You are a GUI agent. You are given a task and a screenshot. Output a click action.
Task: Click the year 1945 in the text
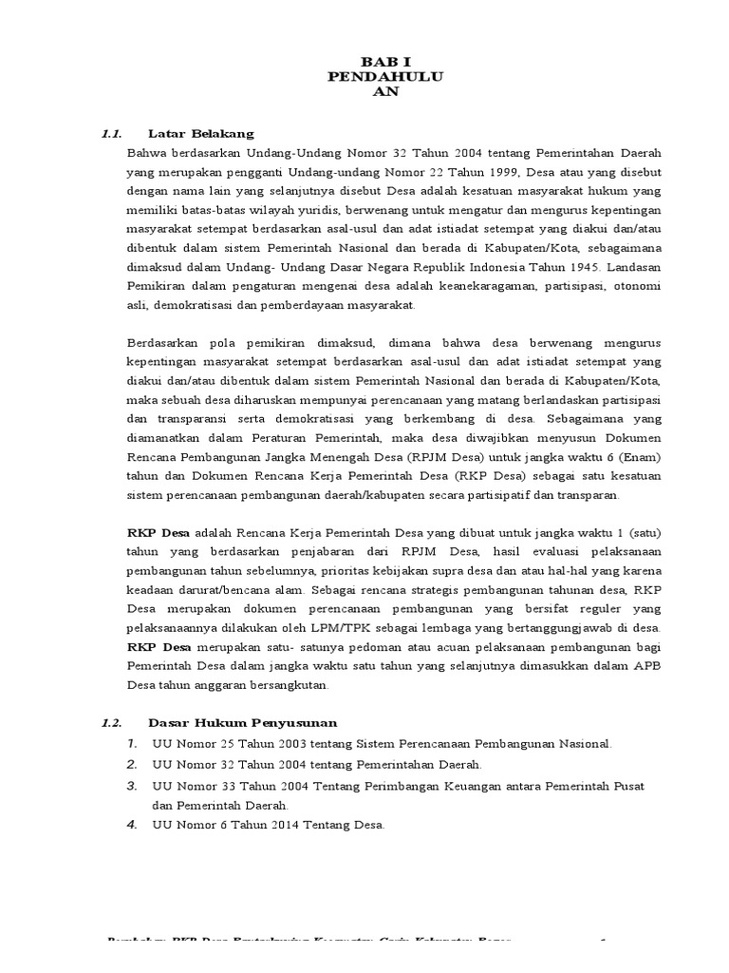click(587, 267)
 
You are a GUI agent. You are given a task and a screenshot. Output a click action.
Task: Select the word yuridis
click(317, 209)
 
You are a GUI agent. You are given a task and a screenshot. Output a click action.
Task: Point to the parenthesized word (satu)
click(643, 533)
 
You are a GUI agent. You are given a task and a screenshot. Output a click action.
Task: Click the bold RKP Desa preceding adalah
click(157, 533)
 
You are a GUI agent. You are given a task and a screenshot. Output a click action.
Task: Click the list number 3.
click(133, 787)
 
